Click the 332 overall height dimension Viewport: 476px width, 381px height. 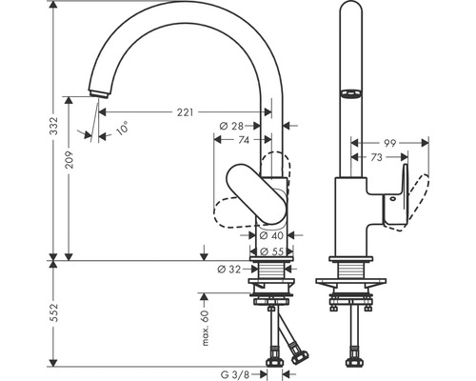tap(54, 125)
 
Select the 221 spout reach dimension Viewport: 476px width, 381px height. tap(187, 112)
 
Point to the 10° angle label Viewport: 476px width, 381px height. tap(121, 130)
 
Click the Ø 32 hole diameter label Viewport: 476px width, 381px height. tap(228, 271)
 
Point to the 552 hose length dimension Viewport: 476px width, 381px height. tap(54, 311)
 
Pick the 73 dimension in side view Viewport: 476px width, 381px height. tap(378, 155)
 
